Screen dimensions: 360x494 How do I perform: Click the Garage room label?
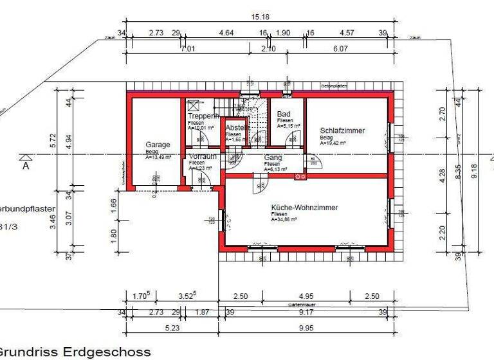pos(158,145)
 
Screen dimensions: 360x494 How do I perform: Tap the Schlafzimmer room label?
pos(342,130)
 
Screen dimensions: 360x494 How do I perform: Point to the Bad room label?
pos(284,114)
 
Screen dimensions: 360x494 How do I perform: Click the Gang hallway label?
pos(273,157)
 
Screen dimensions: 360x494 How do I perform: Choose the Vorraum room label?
pos(203,157)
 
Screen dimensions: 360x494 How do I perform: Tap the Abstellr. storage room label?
pos(236,127)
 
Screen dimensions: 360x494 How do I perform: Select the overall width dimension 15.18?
pos(260,17)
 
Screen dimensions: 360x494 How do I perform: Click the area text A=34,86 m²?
pos(284,220)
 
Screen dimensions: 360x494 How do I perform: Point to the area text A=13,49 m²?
pos(157,157)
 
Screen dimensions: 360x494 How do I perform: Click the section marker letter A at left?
pos(26,165)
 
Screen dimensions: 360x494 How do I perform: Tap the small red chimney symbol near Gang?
pos(298,176)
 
